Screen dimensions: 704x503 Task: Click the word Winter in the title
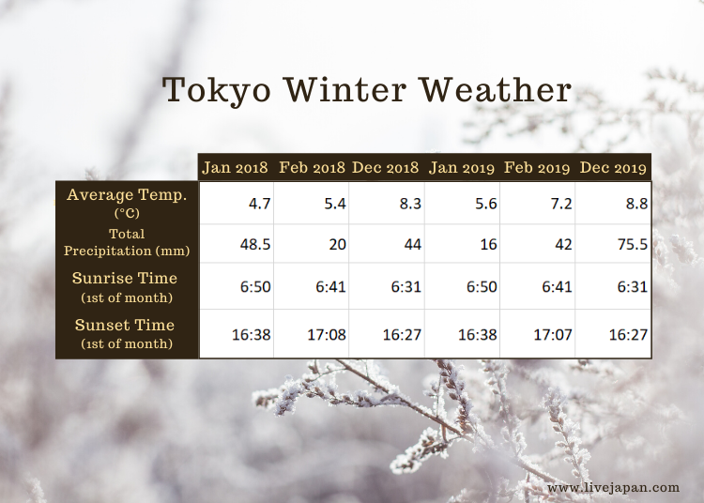coord(344,90)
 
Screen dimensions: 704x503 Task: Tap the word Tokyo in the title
coord(217,92)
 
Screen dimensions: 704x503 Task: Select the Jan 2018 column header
coord(235,167)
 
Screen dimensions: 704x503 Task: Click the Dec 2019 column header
coord(613,167)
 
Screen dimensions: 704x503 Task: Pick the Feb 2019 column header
coord(537,167)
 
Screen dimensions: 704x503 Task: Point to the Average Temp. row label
coord(127,203)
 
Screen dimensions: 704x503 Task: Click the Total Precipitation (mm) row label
coord(127,242)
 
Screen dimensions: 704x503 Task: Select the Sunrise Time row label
coord(125,287)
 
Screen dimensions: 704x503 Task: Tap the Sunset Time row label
coord(125,333)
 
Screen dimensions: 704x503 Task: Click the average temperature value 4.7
coord(259,204)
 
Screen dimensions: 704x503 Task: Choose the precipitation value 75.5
coord(633,244)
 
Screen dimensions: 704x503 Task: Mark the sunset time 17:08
coord(327,335)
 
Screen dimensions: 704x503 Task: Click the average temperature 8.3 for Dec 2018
coord(410,204)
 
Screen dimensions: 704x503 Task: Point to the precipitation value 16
coord(488,244)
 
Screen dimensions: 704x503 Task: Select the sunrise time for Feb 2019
coord(557,287)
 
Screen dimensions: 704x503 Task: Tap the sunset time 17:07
coord(553,335)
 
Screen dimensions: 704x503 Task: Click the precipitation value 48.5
coord(255,244)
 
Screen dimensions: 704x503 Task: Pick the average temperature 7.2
coord(561,204)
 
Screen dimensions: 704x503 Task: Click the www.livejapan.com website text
coord(613,488)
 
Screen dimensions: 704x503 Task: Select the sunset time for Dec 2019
coord(628,335)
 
